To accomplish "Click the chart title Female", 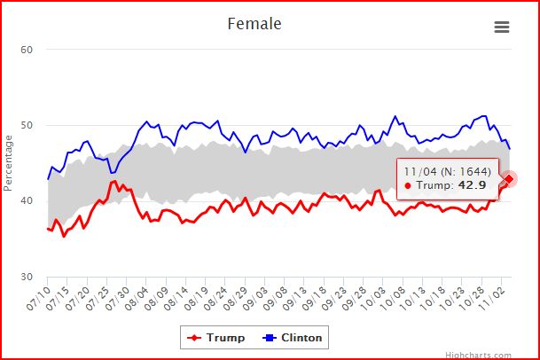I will (254, 24).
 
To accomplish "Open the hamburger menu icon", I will (502, 27).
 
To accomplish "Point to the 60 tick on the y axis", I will (27, 49).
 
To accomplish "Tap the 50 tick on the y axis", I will (27, 125).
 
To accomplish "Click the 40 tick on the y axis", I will (27, 201).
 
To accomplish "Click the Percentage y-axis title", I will (8, 162).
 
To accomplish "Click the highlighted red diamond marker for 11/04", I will (509, 179).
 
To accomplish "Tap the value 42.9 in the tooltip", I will (472, 184).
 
